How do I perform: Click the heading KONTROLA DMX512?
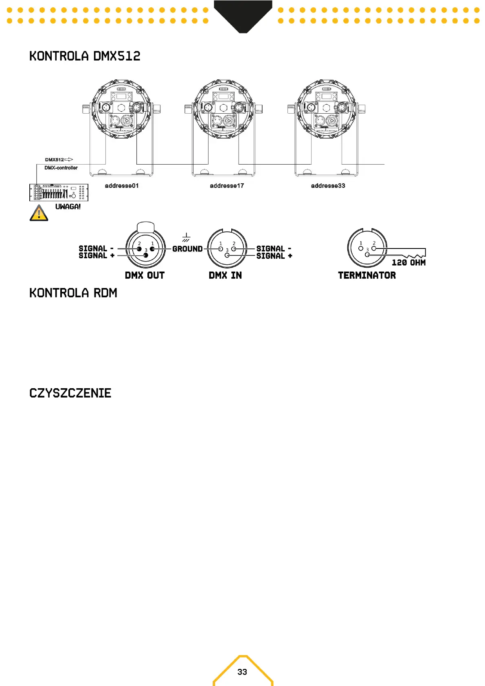(x=85, y=56)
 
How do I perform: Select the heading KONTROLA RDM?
(x=73, y=293)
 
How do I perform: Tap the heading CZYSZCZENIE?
(x=70, y=393)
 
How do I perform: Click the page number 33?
(x=242, y=672)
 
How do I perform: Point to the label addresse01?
(x=122, y=186)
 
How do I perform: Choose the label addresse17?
(x=227, y=186)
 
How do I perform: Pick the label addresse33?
(x=328, y=186)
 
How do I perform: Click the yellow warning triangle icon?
(x=39, y=213)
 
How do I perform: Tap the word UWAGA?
(x=68, y=207)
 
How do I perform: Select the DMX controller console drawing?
(x=59, y=192)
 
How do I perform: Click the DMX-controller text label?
(x=61, y=168)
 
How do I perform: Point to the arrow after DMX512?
(x=69, y=160)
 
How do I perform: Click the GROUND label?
(x=187, y=249)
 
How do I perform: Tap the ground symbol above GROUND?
(x=186, y=237)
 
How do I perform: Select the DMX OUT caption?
(x=145, y=275)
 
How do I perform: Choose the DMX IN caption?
(x=225, y=275)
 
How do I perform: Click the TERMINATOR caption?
(x=367, y=275)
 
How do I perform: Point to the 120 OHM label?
(x=408, y=263)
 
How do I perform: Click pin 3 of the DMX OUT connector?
(x=146, y=255)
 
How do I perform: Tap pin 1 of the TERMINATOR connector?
(x=361, y=248)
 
